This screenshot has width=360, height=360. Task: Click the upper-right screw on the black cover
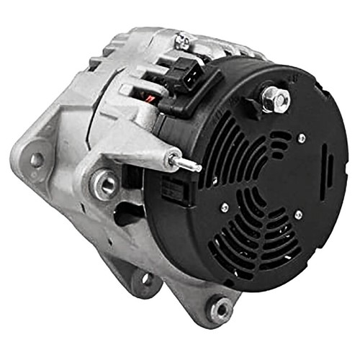(x=301, y=138)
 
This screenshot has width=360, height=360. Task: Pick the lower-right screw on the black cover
(x=298, y=215)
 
